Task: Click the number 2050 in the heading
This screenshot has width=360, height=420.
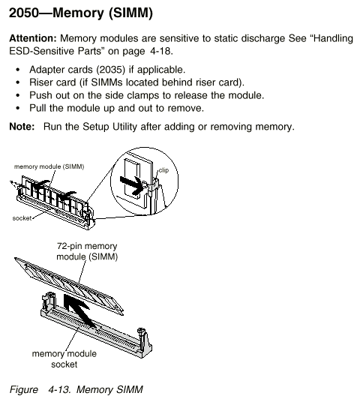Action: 24,13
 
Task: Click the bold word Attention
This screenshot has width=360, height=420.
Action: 33,38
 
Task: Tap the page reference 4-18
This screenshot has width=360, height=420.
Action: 160,51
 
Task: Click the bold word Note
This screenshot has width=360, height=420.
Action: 22,127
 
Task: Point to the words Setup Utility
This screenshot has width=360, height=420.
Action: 109,127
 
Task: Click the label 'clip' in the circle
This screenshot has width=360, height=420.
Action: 163,170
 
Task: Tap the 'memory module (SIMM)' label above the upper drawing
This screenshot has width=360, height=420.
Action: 49,166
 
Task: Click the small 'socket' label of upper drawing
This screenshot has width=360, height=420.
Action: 22,218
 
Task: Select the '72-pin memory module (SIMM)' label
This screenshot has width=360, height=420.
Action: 87,251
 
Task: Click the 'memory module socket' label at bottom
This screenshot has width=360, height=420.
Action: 64,359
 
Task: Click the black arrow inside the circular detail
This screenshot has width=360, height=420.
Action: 131,184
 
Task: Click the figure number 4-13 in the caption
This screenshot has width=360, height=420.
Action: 59,389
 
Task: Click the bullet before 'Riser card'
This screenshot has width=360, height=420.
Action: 18,82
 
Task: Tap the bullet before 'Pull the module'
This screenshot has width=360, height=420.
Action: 18,108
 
